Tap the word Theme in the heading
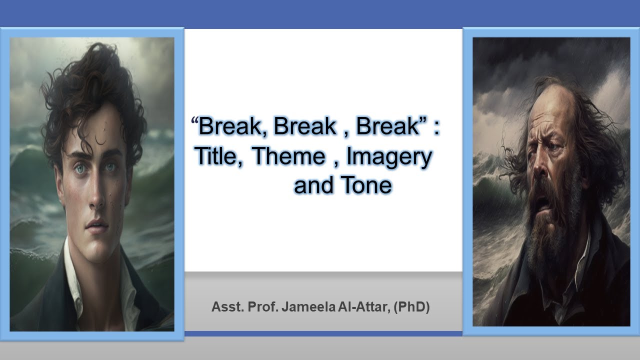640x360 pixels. [x=288, y=156]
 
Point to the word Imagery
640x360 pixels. [x=389, y=157]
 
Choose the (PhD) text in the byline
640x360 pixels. [x=411, y=306]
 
